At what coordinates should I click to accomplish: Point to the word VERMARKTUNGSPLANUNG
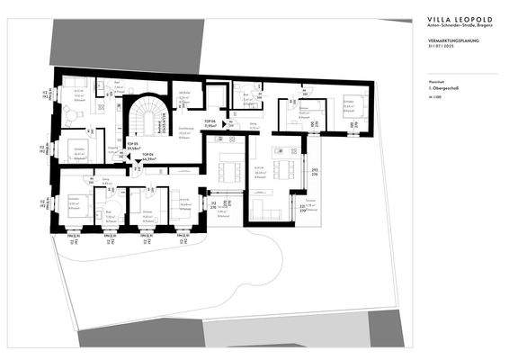(x=435, y=41)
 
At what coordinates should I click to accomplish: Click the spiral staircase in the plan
(x=144, y=115)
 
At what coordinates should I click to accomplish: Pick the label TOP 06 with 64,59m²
(x=147, y=157)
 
